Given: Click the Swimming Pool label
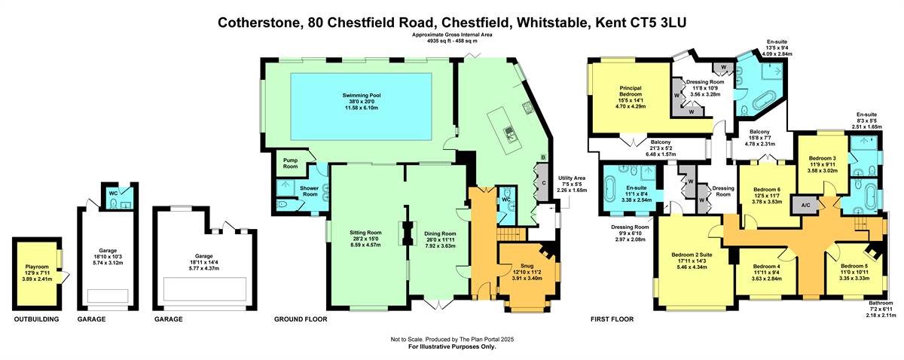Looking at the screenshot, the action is pos(362,95).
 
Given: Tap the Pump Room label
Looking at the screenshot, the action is pos(290,163).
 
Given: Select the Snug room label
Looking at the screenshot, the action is pos(527,266).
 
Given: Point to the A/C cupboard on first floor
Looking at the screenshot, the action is pos(805,206).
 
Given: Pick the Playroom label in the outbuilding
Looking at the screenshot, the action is pos(37,267).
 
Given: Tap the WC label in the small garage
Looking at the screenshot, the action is pos(114,194).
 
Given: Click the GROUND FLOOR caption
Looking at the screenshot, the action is pos(301,319).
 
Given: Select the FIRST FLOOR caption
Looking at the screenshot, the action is pos(612,319).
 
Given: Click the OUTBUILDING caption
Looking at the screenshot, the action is pos(36,319).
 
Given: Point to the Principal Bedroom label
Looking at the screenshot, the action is pos(631,91).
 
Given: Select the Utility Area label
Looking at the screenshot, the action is pos(572,178).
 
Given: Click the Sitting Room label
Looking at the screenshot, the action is pos(365,233).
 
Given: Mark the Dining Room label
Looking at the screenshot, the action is pos(440,233).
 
